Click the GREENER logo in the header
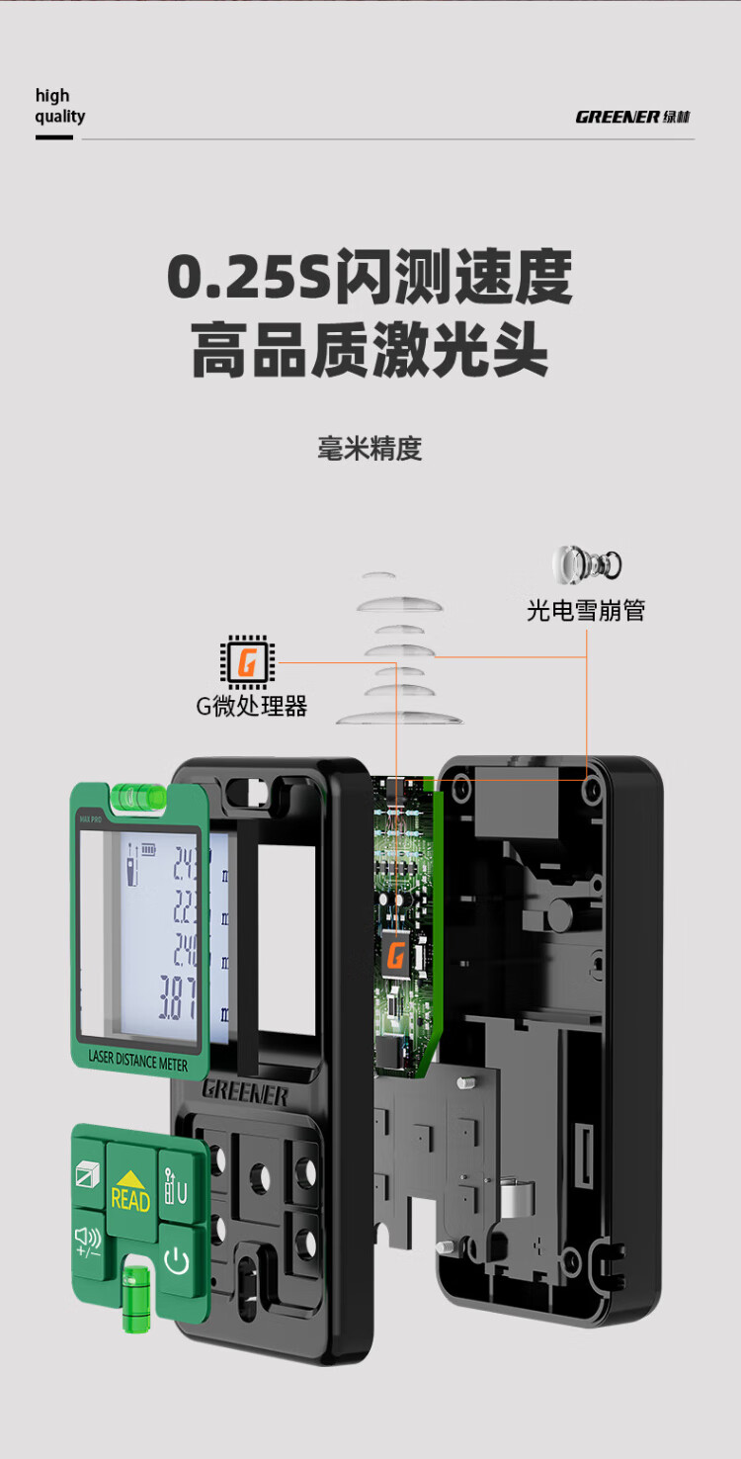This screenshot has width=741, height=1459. coord(632,117)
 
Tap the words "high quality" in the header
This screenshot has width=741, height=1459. coord(59,106)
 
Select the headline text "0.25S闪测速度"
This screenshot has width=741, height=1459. coord(370,278)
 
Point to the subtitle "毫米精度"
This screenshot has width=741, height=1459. coord(370,449)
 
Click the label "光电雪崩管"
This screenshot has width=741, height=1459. coord(585,611)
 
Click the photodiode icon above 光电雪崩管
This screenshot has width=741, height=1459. coord(587,564)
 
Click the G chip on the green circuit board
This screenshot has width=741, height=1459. coord(396,955)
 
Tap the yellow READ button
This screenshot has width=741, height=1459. coord(130,1192)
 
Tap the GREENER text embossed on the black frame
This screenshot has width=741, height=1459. coord(245,1092)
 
